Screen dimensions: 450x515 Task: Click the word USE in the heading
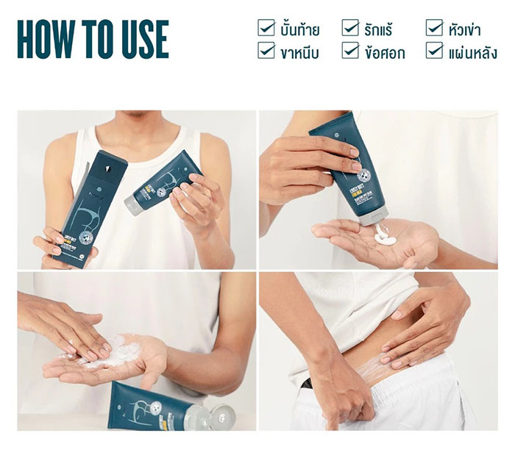point(141,40)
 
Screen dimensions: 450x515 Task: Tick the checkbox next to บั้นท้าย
point(266,28)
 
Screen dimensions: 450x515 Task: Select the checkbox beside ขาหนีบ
point(266,51)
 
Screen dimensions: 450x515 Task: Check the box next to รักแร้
point(350,28)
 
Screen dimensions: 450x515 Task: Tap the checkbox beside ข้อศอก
point(350,51)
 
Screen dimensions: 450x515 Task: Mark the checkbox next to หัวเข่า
point(435,28)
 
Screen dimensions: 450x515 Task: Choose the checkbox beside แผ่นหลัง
point(435,51)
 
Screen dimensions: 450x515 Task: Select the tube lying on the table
point(162,409)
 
